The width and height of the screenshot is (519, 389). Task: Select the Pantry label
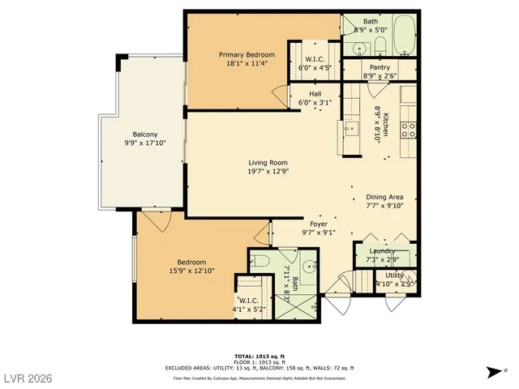click(x=380, y=67)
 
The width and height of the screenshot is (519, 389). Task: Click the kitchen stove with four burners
click(x=409, y=126)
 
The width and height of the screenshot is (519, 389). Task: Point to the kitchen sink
click(x=353, y=127)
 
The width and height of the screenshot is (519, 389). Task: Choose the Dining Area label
click(x=384, y=195)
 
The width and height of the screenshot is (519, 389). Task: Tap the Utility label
click(x=395, y=276)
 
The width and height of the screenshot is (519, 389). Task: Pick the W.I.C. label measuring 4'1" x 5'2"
click(x=248, y=300)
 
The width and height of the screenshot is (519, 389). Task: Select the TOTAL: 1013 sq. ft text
click(x=259, y=356)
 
